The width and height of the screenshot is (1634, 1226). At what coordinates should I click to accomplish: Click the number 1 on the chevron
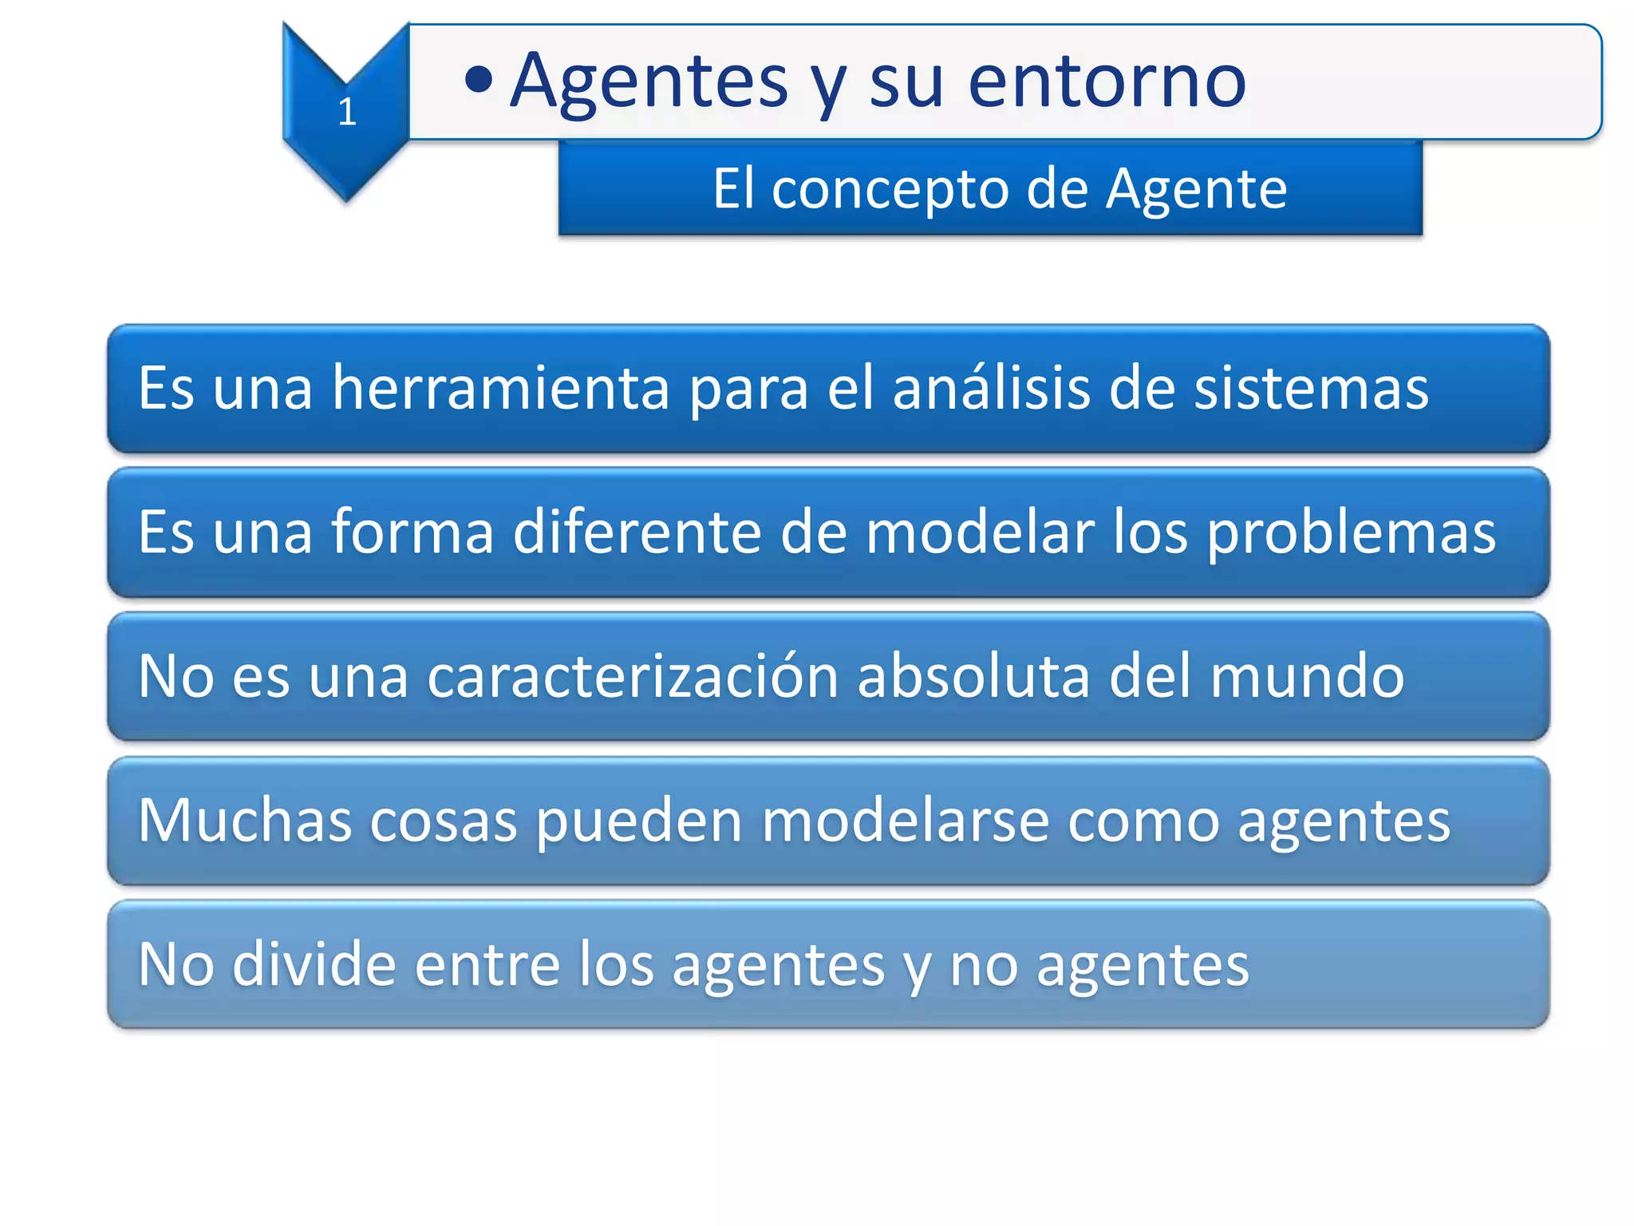346,111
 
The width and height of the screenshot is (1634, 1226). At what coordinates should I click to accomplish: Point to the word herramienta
500,388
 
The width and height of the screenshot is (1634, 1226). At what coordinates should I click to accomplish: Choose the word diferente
636,532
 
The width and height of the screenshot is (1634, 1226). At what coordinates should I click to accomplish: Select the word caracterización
632,677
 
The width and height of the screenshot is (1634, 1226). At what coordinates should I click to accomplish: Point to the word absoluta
973,677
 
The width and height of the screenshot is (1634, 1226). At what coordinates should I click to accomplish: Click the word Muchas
245,821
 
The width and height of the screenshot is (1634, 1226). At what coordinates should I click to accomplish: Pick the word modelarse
905,821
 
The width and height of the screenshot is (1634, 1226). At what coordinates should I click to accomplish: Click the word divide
314,965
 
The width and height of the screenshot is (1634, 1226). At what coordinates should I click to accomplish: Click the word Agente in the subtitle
1196,190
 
